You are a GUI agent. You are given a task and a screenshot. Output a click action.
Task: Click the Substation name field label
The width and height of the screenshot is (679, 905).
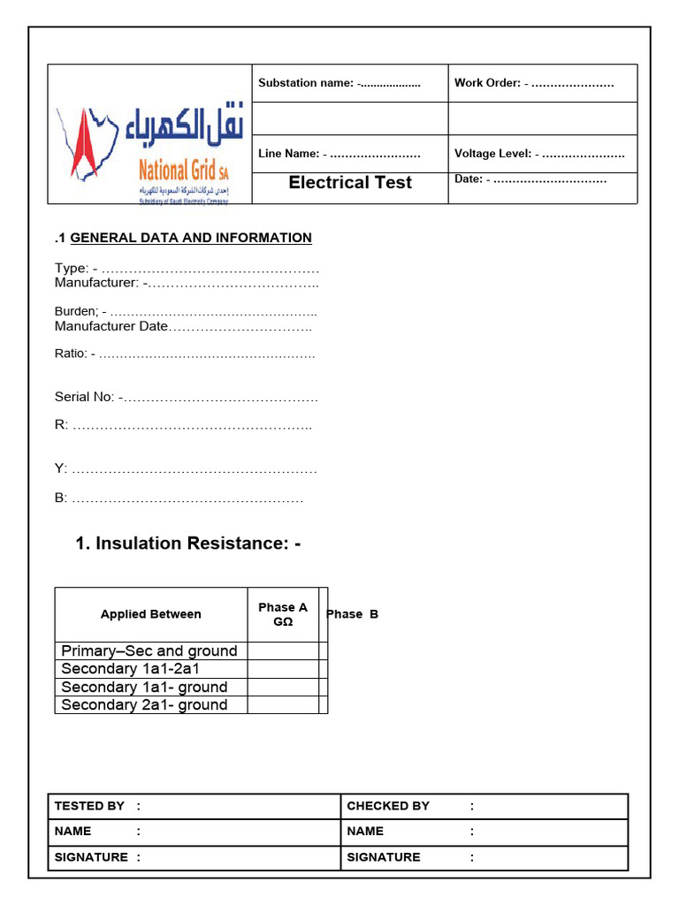click(x=306, y=83)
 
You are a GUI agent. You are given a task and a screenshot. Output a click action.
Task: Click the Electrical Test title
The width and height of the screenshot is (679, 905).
click(x=350, y=183)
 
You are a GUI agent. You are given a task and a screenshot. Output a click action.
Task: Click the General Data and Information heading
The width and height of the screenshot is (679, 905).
click(x=190, y=238)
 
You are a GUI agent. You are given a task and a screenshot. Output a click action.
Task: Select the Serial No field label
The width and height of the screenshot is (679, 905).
click(x=85, y=397)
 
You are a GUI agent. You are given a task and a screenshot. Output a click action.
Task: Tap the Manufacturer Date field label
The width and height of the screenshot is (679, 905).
click(x=111, y=326)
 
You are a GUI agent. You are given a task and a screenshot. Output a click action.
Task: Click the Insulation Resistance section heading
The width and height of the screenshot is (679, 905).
click(x=187, y=544)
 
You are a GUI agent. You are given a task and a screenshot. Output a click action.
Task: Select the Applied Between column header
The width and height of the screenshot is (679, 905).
click(x=150, y=614)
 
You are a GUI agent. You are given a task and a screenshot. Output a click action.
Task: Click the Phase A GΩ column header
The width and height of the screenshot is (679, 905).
click(x=283, y=614)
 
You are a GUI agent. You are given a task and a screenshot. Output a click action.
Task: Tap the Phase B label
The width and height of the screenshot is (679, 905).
click(x=353, y=614)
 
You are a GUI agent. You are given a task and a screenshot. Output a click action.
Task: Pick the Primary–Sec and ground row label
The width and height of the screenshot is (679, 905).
click(x=149, y=651)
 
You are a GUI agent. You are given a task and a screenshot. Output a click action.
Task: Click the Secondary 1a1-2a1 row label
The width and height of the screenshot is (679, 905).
click(x=131, y=669)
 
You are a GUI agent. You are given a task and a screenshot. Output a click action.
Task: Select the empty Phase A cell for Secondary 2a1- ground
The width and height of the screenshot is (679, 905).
click(x=283, y=704)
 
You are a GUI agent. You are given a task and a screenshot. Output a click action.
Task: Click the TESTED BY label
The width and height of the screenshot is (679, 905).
click(x=89, y=806)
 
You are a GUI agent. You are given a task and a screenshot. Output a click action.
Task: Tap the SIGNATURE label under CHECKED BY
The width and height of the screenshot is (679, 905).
click(x=384, y=857)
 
